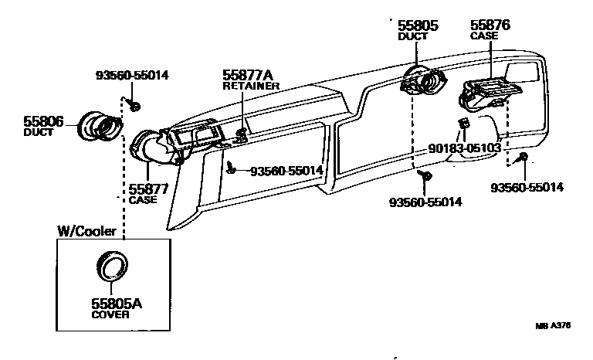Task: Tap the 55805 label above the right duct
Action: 418,25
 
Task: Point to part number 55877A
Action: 249,75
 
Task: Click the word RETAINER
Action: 251,87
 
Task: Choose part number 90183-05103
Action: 464,148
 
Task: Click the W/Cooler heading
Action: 87,231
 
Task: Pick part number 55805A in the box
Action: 117,304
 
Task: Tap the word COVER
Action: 111,315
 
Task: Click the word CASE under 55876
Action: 484,36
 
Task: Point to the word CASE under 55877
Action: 142,200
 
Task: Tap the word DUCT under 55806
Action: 38,133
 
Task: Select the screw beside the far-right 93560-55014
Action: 524,158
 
